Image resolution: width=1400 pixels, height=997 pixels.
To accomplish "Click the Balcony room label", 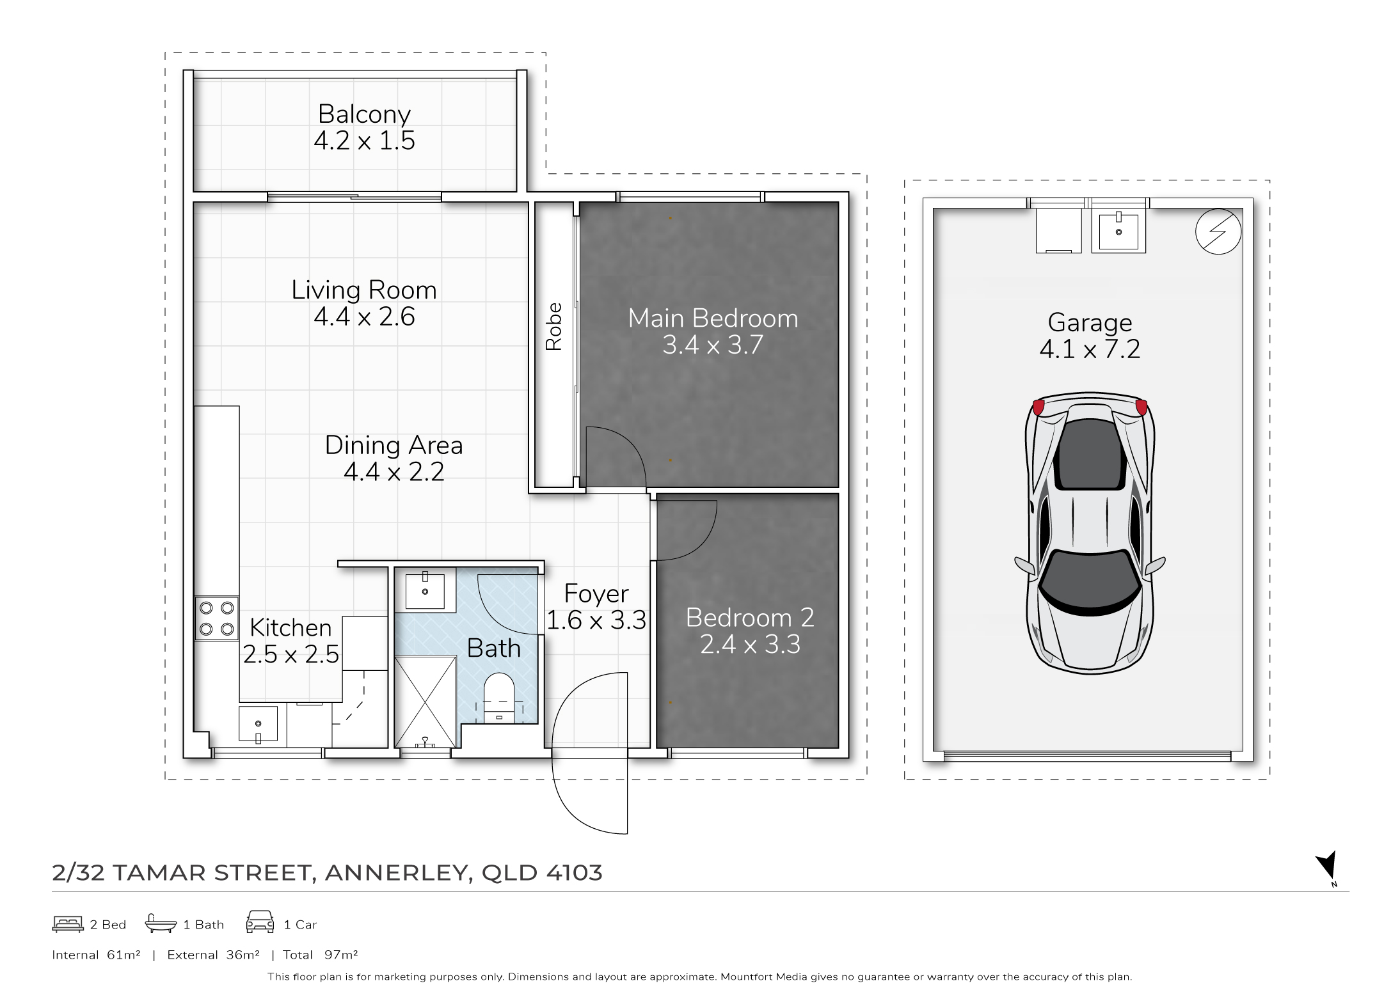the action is click(364, 114).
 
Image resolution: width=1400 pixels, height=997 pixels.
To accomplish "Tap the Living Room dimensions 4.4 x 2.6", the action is click(364, 317).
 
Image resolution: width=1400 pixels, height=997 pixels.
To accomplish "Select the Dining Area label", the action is click(394, 445).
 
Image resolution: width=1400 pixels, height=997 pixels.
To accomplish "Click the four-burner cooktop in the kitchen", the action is click(217, 618).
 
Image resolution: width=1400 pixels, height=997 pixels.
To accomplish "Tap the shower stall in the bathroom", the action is click(426, 702).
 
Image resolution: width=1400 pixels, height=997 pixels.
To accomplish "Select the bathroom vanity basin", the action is click(425, 590).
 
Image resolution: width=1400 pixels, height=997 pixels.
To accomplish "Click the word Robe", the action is click(553, 326).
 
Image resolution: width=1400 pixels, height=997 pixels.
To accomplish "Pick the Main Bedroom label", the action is click(713, 318).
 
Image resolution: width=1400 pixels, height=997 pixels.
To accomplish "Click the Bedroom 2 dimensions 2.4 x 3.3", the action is click(750, 644).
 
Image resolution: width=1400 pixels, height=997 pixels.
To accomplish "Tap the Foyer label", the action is click(596, 594).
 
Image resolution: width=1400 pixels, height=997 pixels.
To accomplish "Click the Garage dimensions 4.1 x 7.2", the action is click(1090, 349).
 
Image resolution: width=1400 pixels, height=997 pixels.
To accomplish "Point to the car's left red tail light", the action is click(1038, 407).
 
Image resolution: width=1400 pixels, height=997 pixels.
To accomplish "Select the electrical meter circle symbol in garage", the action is click(1218, 232).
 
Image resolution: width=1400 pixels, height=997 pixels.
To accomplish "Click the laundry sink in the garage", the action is click(1118, 232).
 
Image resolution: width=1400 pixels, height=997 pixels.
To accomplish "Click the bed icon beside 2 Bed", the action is click(68, 923).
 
